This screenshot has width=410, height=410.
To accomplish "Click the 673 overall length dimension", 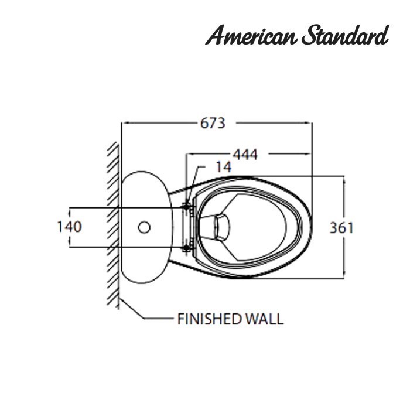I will pos(213,123).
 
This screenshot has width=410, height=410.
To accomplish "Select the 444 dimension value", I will pos(245,155).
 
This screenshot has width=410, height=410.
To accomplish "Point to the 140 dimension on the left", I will pos(69,227).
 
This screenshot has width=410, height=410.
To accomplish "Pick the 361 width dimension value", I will pos(341,227).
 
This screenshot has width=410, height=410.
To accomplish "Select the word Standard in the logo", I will pos(346,36).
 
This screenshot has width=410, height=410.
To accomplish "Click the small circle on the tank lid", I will pos(145,226).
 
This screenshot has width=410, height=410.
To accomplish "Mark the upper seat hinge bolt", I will pos(186,206).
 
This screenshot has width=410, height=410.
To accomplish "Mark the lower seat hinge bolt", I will pos(186,248).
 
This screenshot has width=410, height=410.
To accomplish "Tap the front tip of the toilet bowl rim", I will pos(310,227).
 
